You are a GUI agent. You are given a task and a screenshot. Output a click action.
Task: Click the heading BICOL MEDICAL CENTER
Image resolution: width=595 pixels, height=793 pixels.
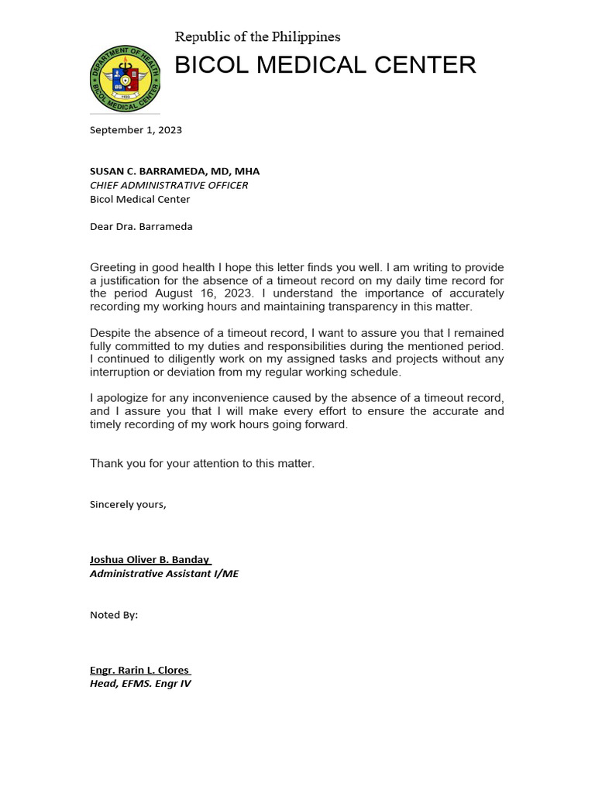click(x=325, y=66)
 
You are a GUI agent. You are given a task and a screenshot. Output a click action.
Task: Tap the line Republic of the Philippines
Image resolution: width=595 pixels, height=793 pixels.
click(x=257, y=37)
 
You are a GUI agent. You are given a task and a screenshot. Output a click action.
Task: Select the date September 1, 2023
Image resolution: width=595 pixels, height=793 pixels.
click(x=136, y=130)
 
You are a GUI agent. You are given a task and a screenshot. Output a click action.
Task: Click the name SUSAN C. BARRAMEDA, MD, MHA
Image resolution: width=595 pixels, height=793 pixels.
click(x=174, y=171)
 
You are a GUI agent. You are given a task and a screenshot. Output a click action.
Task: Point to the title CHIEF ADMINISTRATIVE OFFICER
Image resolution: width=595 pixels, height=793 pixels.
click(x=169, y=185)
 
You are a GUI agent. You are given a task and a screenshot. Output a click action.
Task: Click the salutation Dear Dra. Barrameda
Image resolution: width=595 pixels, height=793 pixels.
click(x=141, y=227)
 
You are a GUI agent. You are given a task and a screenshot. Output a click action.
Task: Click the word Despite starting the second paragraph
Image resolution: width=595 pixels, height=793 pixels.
click(x=111, y=333)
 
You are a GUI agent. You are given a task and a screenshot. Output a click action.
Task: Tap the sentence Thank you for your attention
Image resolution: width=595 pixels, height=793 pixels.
click(x=202, y=463)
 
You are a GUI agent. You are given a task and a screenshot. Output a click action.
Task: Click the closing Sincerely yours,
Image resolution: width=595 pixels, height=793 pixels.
click(x=128, y=504)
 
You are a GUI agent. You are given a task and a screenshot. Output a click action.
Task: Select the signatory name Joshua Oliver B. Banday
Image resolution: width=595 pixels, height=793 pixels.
click(x=150, y=560)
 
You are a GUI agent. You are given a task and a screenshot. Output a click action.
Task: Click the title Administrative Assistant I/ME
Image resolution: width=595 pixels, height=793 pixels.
click(x=164, y=574)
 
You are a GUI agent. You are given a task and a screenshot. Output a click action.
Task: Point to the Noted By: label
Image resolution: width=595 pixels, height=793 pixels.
click(x=114, y=615)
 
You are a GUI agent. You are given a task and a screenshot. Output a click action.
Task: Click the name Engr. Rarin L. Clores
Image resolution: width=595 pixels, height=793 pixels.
click(x=139, y=670)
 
